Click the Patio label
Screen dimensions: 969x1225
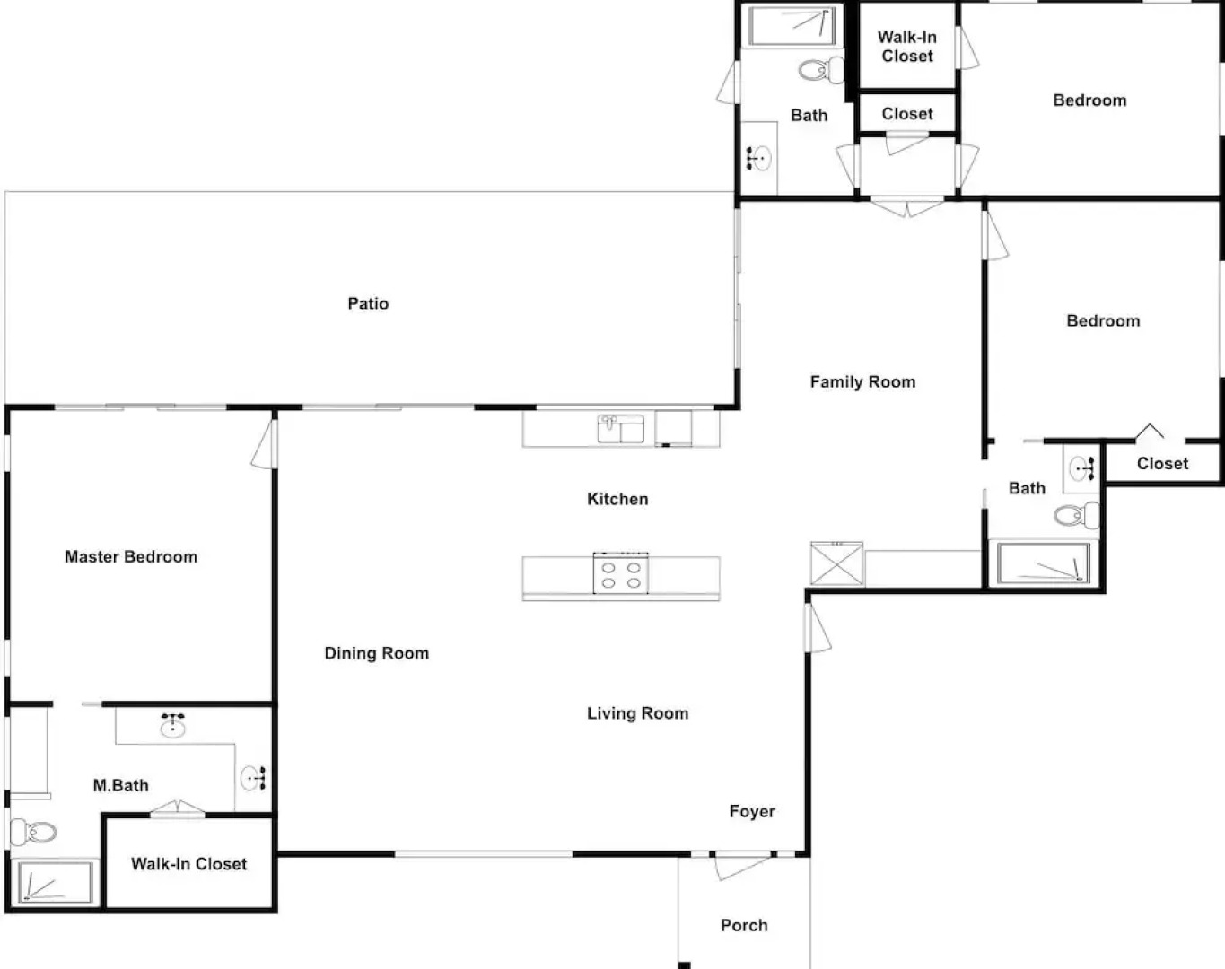[x=368, y=303]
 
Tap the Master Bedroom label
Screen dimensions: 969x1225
[x=131, y=556]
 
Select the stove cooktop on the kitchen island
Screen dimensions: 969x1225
[x=621, y=573]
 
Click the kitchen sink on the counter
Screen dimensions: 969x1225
[x=621, y=429]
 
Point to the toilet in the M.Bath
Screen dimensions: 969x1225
[x=33, y=832]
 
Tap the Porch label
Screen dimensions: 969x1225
[x=744, y=925]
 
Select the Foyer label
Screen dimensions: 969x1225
[x=752, y=811]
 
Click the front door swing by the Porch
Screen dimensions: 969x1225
[x=741, y=867]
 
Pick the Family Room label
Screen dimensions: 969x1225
[x=862, y=381]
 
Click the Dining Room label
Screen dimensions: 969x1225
[x=376, y=653]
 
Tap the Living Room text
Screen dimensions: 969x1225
[x=637, y=713]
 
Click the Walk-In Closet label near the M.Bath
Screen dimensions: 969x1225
[x=188, y=863]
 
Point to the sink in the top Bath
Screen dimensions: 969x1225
[x=758, y=158]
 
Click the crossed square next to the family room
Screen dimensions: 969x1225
[x=836, y=563]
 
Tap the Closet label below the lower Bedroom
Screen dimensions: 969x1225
[x=1162, y=463]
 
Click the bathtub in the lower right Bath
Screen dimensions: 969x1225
[x=1044, y=563]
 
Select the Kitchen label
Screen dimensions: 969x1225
[x=617, y=499]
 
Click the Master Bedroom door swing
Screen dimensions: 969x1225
[x=262, y=443]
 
